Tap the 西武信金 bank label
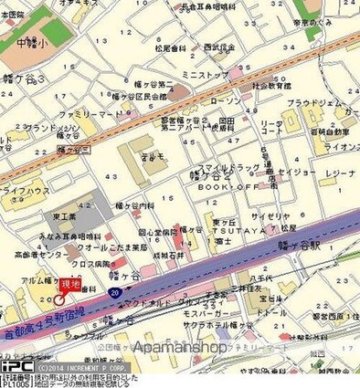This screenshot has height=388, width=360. pyautogui.click(x=219, y=46)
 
